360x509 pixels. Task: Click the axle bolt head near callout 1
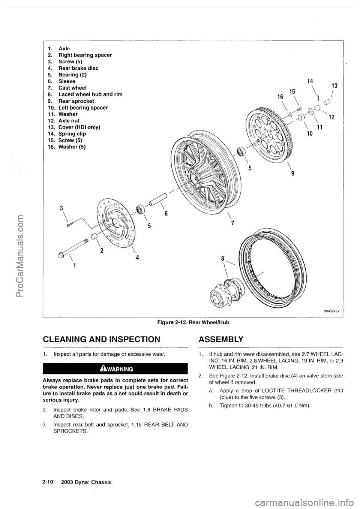[x=61, y=256]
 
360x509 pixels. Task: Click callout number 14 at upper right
[x=310, y=81]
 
